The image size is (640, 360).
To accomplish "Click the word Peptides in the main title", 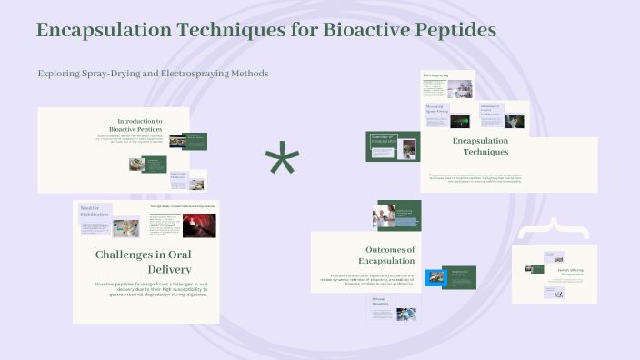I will point(453,30).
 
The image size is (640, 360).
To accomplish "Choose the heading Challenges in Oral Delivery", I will point(143,262).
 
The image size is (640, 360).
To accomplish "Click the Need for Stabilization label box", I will point(95,211).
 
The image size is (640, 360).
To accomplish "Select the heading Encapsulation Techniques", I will point(480,145).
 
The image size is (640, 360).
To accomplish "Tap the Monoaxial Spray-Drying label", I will point(437,109).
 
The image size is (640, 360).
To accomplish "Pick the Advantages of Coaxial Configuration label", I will point(491,109).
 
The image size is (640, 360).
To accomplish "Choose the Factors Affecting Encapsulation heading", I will point(570,272).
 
